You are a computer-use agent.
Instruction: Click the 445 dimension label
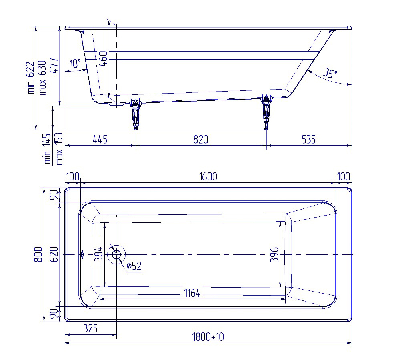(100, 140)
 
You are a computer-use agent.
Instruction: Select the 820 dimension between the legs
(201, 140)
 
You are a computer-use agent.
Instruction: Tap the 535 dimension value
(309, 140)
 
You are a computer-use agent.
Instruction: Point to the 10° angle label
(75, 63)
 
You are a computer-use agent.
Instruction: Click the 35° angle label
(330, 73)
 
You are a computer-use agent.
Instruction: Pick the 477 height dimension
(54, 66)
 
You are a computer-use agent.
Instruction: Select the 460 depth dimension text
(103, 59)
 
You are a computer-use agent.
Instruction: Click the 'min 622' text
(30, 78)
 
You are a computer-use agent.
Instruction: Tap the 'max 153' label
(59, 148)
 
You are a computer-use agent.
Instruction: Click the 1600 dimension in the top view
(208, 176)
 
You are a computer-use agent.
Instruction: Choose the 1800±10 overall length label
(208, 337)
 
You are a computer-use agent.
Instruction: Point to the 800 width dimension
(38, 254)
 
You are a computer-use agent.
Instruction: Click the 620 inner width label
(54, 254)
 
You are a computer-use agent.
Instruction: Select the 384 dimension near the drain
(99, 254)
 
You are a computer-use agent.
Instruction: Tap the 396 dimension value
(274, 254)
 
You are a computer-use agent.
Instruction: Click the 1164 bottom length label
(192, 294)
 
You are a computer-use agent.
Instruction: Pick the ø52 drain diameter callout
(134, 266)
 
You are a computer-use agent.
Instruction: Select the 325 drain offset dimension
(90, 328)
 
